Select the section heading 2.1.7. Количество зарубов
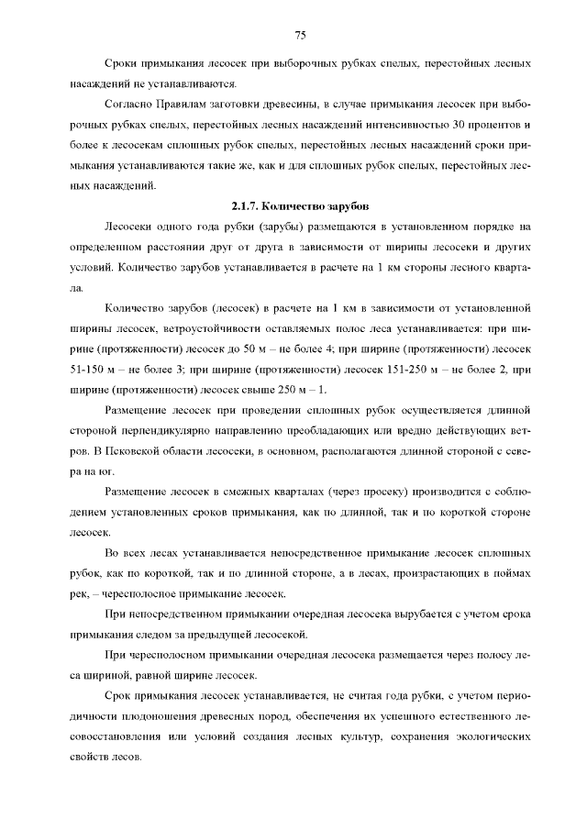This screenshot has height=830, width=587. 300,205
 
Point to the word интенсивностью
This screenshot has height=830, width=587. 411,124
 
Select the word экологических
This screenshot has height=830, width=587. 488,736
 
